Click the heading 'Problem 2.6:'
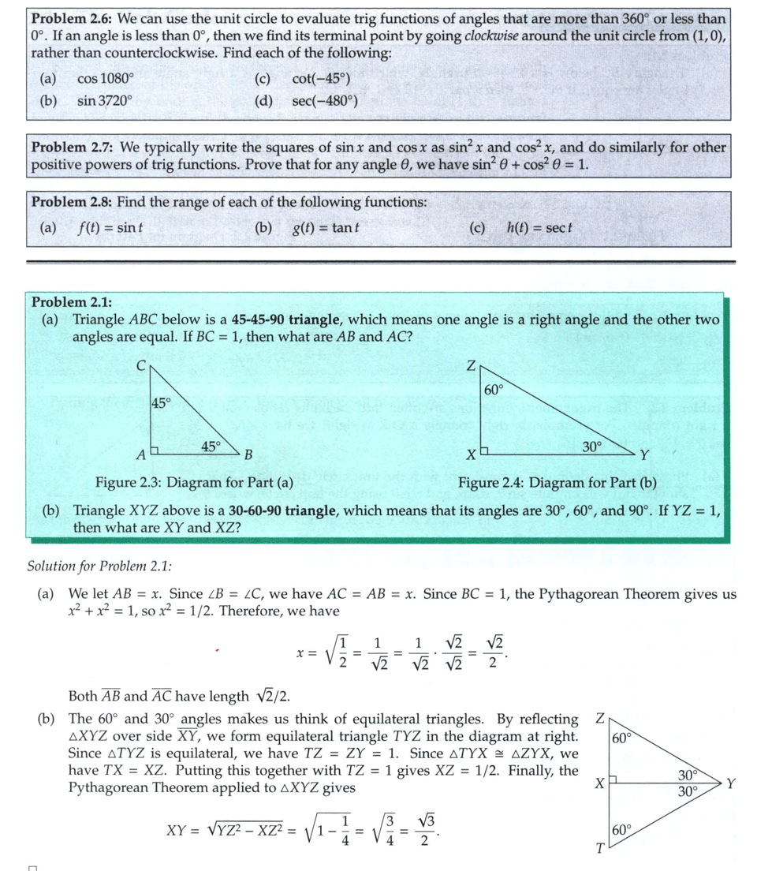pos(70,18)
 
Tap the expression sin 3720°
pos(105,101)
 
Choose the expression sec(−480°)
pos(324,101)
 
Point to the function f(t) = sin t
pos(110,228)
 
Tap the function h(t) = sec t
pos(539,228)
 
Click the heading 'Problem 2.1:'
pos(72,302)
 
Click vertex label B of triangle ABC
pos(248,455)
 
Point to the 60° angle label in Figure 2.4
pos(494,389)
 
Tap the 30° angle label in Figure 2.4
pos(591,446)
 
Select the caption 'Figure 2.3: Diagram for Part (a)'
pos(194,483)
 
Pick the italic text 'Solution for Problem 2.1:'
pos(99,566)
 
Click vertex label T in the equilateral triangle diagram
pos(600,850)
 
